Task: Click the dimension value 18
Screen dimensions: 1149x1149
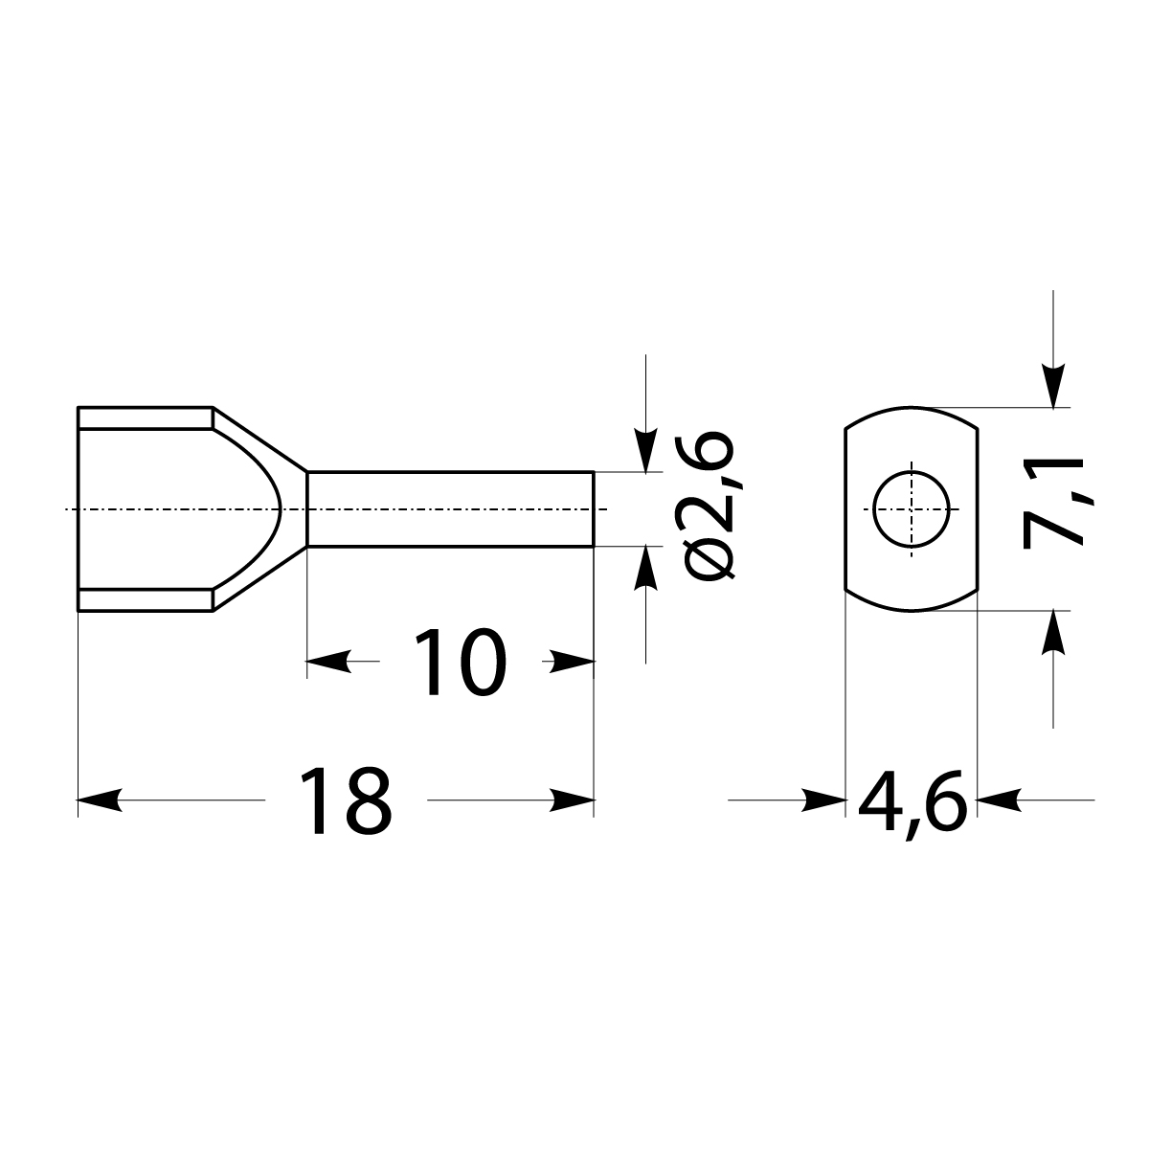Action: pos(346,800)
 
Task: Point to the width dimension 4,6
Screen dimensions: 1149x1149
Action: pos(911,800)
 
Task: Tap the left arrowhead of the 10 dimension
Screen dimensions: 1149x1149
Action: pos(328,661)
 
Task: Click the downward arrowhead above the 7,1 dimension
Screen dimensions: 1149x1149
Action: pos(1053,387)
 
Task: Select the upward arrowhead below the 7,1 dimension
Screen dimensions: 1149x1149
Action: pos(1053,632)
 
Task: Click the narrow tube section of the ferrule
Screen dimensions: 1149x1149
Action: pos(450,508)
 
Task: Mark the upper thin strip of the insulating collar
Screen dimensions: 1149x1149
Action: pos(144,418)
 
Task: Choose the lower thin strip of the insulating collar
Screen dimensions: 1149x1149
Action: pos(144,599)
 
